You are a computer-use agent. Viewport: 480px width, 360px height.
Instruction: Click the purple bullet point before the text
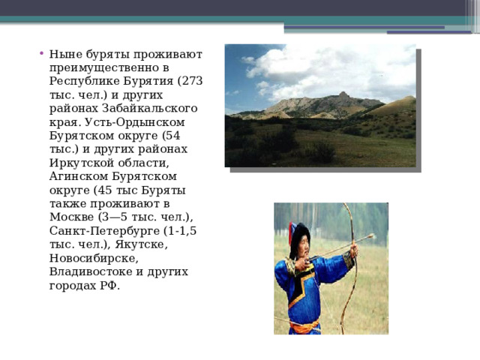coord(41,52)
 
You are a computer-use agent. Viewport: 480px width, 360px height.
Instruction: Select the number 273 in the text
coord(193,81)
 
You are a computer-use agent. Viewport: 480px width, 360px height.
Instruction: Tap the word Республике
coord(85,82)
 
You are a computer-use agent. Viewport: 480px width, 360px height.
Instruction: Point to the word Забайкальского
coord(150,108)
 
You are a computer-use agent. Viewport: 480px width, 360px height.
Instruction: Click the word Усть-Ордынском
coord(135,122)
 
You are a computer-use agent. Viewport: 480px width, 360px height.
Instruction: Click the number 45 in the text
coord(105,190)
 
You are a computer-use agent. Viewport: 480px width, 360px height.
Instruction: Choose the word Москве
coord(72,217)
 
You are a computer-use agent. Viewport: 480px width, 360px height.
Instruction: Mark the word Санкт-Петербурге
coord(104,231)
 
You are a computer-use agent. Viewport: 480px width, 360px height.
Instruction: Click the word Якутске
coord(142,244)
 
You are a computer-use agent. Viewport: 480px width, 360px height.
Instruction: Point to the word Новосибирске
coord(94,258)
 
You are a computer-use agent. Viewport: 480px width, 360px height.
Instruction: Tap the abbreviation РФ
coord(108,285)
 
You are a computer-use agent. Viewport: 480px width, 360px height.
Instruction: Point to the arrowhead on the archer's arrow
coord(372,236)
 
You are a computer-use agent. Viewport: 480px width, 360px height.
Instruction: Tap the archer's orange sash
coord(304,327)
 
